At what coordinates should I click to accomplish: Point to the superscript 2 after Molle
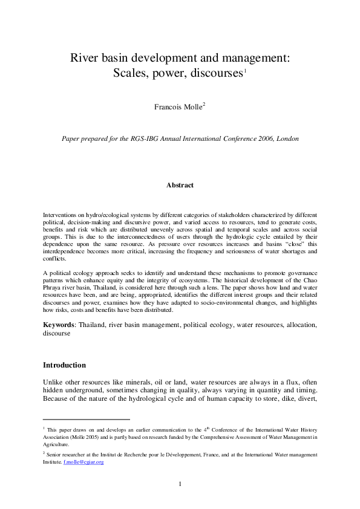[204, 105]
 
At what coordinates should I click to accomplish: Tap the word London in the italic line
[285, 138]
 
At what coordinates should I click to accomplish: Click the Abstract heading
[180, 185]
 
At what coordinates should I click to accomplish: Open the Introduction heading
[64, 365]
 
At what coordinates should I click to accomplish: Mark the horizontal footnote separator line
[86, 419]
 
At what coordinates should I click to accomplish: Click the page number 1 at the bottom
[180, 484]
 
